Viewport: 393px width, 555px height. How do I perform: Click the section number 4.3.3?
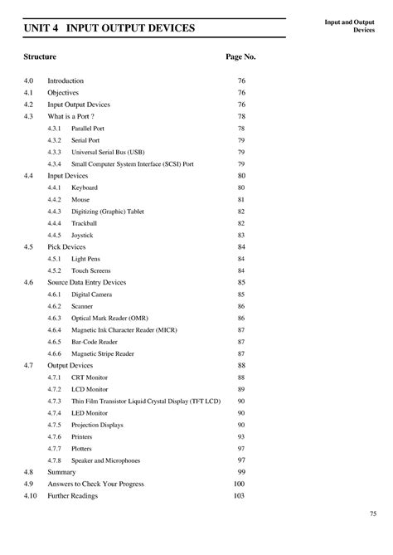pyautogui.click(x=54, y=153)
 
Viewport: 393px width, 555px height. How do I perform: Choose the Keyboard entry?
pyautogui.click(x=85, y=188)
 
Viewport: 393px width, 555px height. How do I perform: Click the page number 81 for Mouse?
pyautogui.click(x=241, y=200)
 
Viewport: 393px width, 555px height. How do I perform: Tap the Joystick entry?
pyautogui.click(x=84, y=236)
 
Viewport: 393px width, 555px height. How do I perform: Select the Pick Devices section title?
pyautogui.click(x=66, y=247)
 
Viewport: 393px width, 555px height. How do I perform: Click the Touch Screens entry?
pyautogui.click(x=91, y=270)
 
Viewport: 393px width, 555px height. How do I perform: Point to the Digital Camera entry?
pyautogui.click(x=92, y=295)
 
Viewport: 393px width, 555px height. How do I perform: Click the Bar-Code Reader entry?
pyautogui.click(x=95, y=342)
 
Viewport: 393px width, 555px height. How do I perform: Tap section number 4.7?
pyautogui.click(x=29, y=365)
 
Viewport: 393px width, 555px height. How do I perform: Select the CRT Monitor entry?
pyautogui.click(x=90, y=377)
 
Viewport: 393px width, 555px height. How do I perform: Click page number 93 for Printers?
pyautogui.click(x=241, y=436)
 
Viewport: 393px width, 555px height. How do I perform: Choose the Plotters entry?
pyautogui.click(x=82, y=448)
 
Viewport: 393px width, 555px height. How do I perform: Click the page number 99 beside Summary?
pyautogui.click(x=241, y=472)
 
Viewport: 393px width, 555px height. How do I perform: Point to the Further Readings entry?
pyautogui.click(x=72, y=495)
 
